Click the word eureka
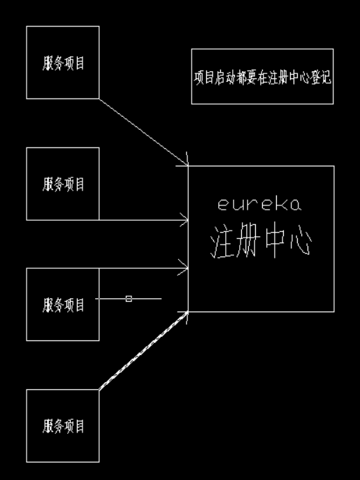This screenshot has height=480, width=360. (x=259, y=205)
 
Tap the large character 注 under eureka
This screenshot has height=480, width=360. (x=222, y=242)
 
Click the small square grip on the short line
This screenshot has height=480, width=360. (x=128, y=298)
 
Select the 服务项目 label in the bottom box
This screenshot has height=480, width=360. (x=63, y=426)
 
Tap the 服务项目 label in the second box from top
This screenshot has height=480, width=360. (x=63, y=183)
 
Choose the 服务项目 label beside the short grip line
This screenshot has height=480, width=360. (x=63, y=305)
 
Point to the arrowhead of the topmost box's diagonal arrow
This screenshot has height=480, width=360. (x=186, y=163)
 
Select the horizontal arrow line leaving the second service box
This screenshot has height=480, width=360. (x=140, y=220)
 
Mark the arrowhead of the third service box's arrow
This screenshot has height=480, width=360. (x=186, y=266)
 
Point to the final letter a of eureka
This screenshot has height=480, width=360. (x=296, y=205)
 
